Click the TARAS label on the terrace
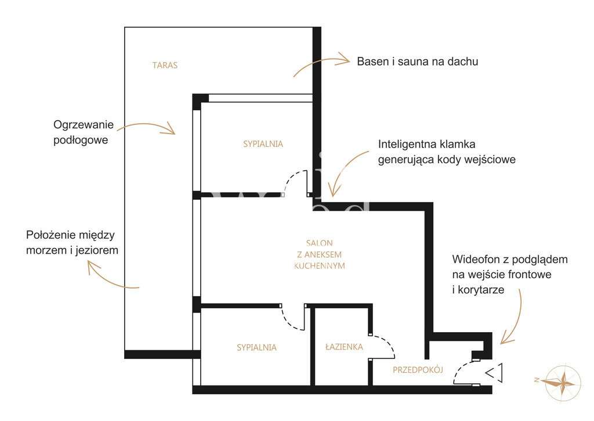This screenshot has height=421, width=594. coord(165,65)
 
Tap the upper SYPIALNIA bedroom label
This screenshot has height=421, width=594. coord(263,143)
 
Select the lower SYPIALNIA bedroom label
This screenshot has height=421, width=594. coord(256,347)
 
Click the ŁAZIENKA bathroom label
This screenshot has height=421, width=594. coord(344,347)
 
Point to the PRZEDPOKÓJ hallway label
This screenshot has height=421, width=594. coord(418,370)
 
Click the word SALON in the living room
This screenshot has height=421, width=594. coord(319,243)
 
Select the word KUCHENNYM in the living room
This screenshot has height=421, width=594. coord(319,265)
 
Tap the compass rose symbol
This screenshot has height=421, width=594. coord(562,382)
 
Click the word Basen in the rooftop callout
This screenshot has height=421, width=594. coord(371,61)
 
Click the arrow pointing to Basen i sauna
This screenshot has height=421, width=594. coord(321,63)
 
